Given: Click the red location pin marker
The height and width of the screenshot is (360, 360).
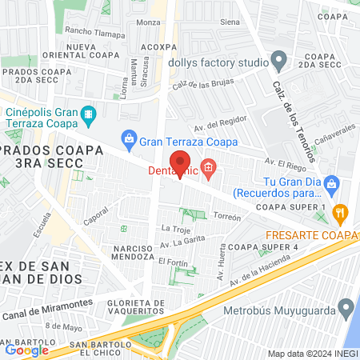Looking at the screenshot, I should tap(181, 162).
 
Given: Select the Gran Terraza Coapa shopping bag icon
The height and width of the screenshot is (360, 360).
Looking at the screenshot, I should tap(128, 142).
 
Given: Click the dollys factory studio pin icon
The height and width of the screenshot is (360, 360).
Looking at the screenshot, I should tap(278, 59).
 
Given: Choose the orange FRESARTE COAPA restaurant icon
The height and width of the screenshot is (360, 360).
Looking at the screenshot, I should tap(341, 214).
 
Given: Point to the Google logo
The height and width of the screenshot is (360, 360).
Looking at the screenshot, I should tap(26, 350).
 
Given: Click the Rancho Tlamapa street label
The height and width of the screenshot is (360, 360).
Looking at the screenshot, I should tap(95, 34).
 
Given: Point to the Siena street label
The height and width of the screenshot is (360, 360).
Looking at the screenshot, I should tap(229, 22).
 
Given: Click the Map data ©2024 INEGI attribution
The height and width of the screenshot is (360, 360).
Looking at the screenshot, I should tap(311, 354).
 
